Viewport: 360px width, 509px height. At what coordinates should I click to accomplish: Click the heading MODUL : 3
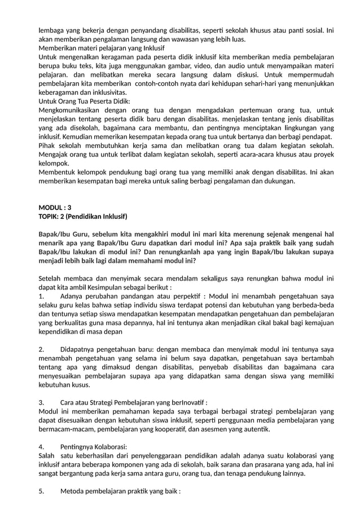(55, 207)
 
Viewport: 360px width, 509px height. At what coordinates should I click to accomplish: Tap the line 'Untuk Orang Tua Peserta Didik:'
(84, 101)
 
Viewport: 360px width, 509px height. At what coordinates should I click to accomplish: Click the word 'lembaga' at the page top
(51, 30)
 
